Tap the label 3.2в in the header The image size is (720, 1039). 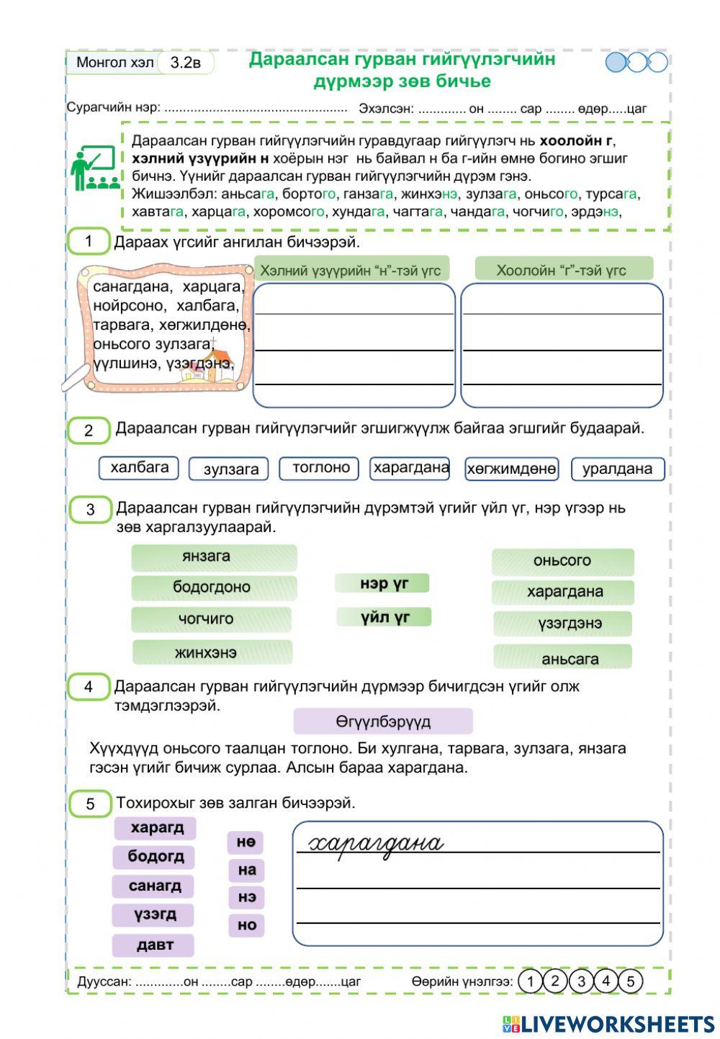pyautogui.click(x=185, y=63)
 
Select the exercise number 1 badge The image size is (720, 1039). pyautogui.click(x=88, y=241)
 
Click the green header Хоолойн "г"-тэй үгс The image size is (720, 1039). pyautogui.click(x=563, y=270)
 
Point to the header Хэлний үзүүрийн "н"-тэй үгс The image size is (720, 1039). pyautogui.click(x=351, y=270)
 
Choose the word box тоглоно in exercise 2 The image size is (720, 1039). pyautogui.click(x=321, y=468)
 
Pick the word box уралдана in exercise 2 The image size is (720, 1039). pyautogui.click(x=617, y=469)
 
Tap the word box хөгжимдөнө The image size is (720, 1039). pyautogui.click(x=511, y=469)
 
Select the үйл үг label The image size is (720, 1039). pyautogui.click(x=384, y=617)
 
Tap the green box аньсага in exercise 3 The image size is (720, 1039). pyautogui.click(x=562, y=657)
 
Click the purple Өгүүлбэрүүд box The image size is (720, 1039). pyautogui.click(x=383, y=721)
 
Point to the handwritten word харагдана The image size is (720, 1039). pyautogui.click(x=376, y=842)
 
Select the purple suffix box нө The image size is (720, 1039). pyautogui.click(x=246, y=842)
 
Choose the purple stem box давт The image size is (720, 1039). pyautogui.click(x=153, y=945)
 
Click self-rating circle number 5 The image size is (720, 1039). pyautogui.click(x=630, y=981)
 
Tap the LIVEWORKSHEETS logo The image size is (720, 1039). pyautogui.click(x=608, y=1024)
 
